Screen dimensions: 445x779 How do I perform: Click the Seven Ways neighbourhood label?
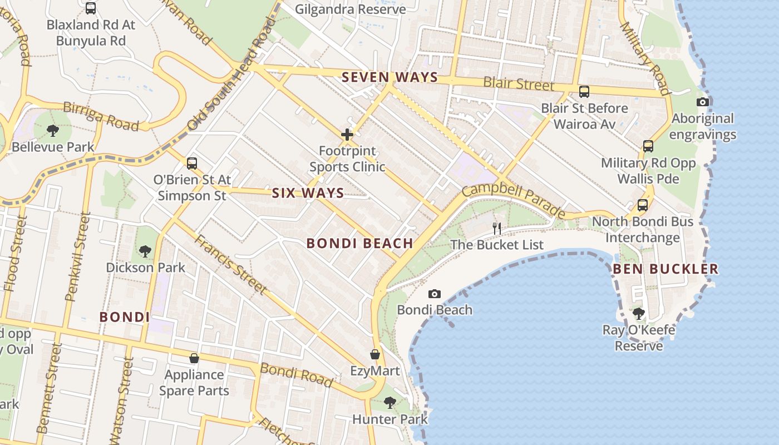point(390,77)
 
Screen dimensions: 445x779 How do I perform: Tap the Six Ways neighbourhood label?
point(308,193)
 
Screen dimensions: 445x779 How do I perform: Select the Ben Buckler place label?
point(665,269)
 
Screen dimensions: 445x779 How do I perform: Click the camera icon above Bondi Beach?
point(435,294)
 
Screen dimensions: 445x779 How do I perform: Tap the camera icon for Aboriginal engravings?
point(703,102)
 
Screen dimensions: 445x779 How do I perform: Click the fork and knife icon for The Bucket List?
point(497,228)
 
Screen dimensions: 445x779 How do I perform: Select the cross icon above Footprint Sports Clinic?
point(347,134)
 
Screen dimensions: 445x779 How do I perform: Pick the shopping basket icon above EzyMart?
point(375,354)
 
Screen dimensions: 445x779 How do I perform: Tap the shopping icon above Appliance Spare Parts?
point(194,358)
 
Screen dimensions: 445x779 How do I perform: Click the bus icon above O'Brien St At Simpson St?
point(192,163)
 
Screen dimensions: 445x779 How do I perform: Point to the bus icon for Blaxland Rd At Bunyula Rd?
point(91,8)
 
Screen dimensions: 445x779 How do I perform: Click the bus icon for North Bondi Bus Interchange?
point(643,205)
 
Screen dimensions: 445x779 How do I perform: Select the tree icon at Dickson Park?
point(145,251)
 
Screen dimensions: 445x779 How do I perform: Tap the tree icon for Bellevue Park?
point(53,131)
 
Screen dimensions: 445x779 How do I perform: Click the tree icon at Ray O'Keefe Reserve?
point(639,314)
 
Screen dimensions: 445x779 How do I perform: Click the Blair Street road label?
point(519,84)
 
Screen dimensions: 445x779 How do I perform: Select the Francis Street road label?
point(230,264)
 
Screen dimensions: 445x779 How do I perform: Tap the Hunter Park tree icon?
point(390,402)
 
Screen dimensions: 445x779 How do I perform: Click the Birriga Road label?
point(101,116)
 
